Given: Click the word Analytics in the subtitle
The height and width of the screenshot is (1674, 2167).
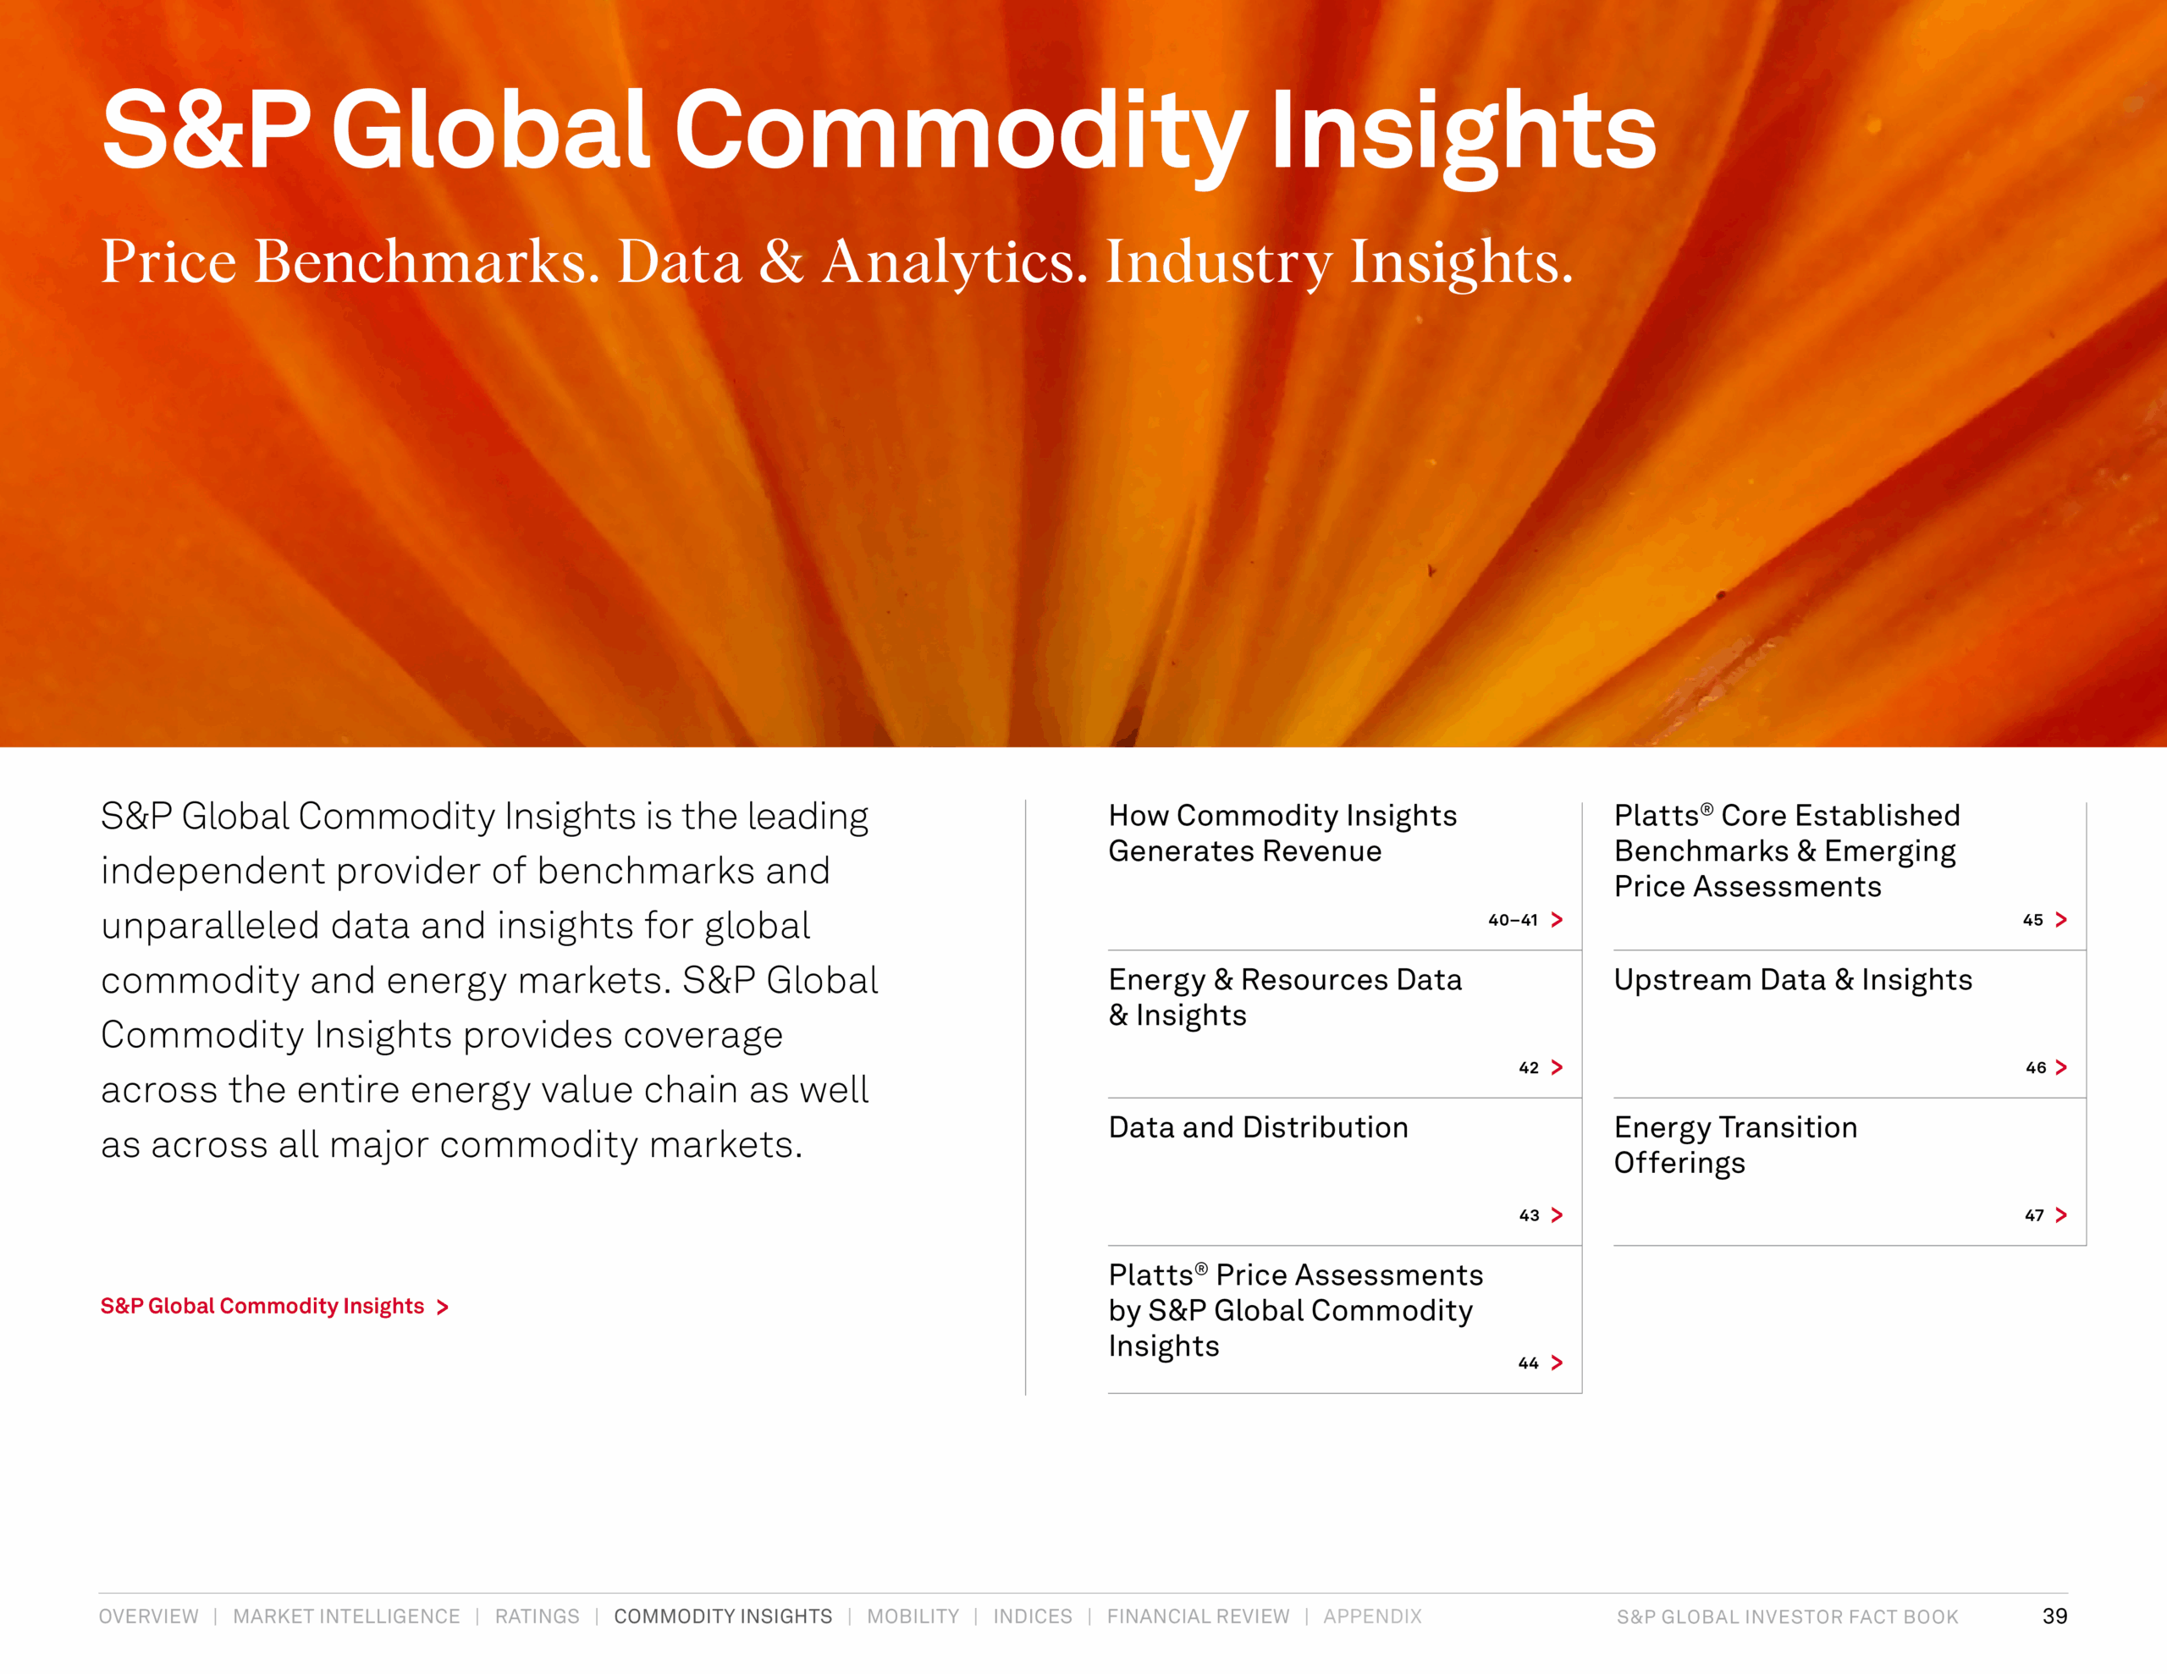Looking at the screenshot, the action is click(x=955, y=263).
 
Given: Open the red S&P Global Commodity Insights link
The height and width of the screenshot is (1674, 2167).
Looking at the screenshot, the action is click(x=275, y=1306).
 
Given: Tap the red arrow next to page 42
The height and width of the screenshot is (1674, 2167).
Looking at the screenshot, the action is click(x=1557, y=1068).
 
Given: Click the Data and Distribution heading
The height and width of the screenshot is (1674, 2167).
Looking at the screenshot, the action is click(x=1258, y=1127).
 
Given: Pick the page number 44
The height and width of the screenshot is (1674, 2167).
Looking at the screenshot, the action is click(x=1528, y=1363).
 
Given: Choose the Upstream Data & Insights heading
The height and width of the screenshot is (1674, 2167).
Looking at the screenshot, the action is click(x=1793, y=980).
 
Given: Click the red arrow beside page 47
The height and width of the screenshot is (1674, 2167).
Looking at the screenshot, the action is click(x=2061, y=1215).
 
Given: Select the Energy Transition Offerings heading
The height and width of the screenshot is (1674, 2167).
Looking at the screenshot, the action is click(x=1735, y=1145).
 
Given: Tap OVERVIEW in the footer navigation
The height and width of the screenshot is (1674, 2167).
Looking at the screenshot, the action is click(x=149, y=1616).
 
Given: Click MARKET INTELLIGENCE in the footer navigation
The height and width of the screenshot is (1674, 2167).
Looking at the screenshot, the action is click(x=346, y=1616).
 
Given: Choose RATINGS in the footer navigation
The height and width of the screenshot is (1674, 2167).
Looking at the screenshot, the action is click(x=537, y=1616).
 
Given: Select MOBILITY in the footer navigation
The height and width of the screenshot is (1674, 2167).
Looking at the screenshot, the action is click(x=913, y=1616).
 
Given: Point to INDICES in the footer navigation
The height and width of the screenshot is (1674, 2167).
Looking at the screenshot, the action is click(x=1033, y=1616).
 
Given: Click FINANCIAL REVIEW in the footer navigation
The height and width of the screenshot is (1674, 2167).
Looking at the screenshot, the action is click(x=1199, y=1616).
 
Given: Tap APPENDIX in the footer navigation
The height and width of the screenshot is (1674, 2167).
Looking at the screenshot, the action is click(x=1372, y=1616).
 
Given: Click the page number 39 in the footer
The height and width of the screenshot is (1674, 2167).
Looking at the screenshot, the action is click(x=2055, y=1616).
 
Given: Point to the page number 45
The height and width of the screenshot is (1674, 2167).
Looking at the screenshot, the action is click(x=2033, y=920).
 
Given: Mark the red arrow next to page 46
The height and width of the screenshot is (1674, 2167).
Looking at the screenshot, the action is click(x=2061, y=1068).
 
